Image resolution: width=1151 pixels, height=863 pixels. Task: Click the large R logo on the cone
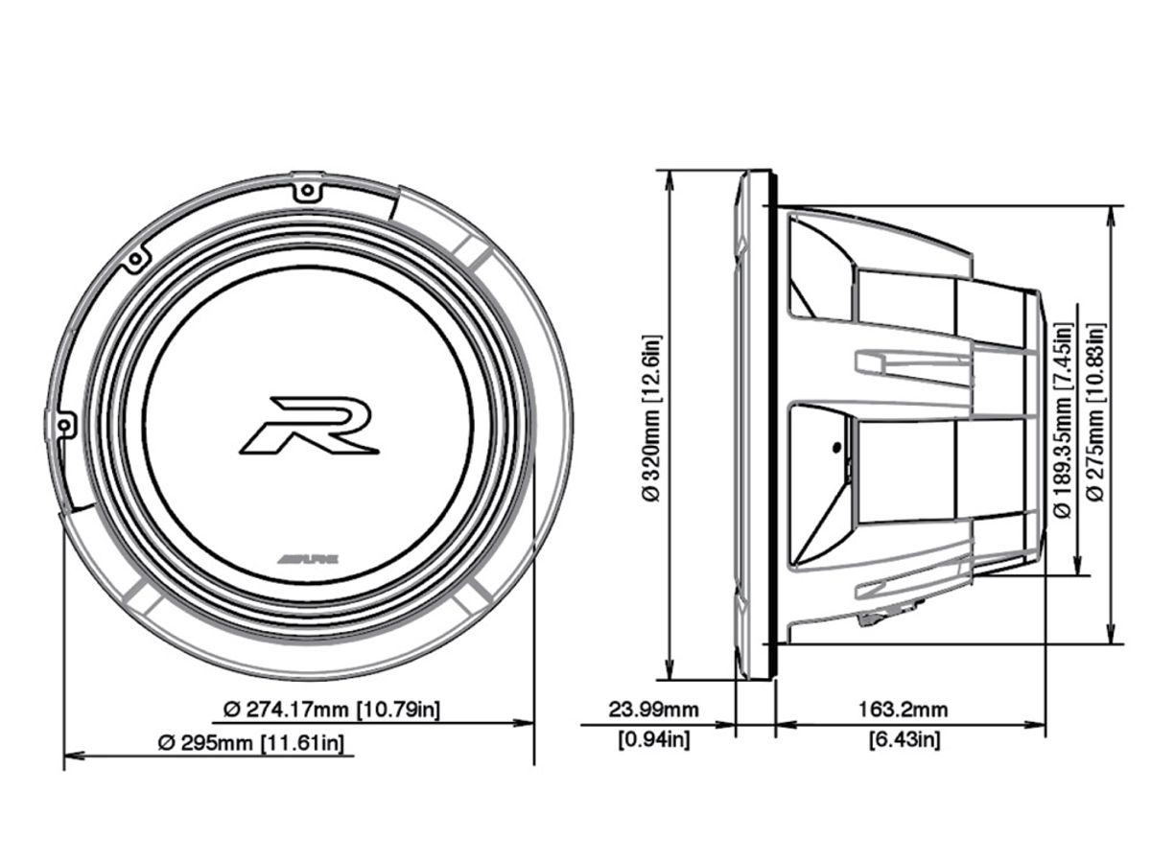[309, 425]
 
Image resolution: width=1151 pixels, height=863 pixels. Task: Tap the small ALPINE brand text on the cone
[309, 559]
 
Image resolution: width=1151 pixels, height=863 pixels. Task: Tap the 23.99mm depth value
[654, 711]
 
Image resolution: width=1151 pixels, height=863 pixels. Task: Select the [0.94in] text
[654, 739]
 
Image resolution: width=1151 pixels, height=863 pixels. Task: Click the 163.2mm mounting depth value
[904, 711]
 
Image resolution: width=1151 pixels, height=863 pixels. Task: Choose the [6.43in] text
[904, 739]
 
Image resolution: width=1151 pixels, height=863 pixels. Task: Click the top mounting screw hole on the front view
[307, 191]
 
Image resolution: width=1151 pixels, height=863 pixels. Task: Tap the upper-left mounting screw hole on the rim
[136, 257]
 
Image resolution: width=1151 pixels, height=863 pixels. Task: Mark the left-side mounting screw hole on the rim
[64, 423]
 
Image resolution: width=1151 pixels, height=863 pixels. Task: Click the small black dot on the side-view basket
[836, 446]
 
